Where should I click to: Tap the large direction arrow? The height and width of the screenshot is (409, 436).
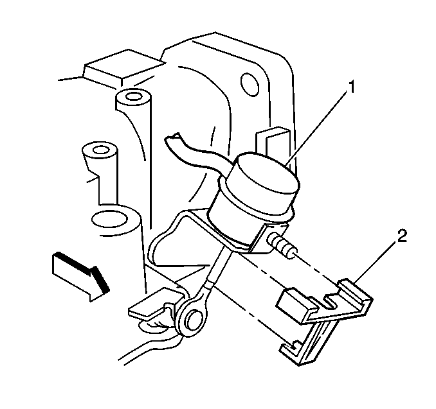[x=80, y=277]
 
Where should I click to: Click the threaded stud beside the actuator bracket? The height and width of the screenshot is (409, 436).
[x=283, y=245]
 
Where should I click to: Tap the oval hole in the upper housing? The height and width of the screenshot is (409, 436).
[x=250, y=84]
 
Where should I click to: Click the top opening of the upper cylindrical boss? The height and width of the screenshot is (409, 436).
[x=133, y=96]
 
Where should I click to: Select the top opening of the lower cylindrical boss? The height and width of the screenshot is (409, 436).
[x=98, y=150]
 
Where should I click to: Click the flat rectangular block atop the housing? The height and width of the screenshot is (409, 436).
[x=124, y=68]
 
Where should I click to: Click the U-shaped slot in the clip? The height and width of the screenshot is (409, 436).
[x=331, y=300]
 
